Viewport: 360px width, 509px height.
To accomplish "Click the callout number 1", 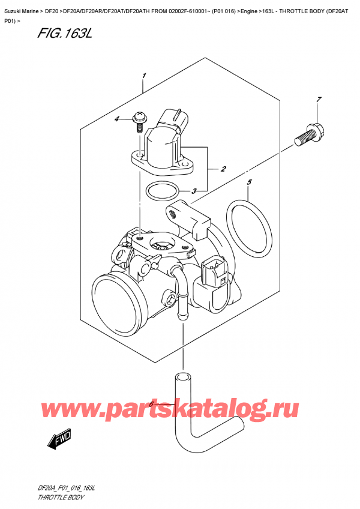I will pyautogui.click(x=145, y=76).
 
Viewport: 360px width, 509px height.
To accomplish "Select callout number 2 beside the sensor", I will pyautogui.click(x=223, y=169).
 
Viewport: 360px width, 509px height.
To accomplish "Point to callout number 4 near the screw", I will pyautogui.click(x=118, y=119).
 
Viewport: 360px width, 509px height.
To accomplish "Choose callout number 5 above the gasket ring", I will pyautogui.click(x=250, y=182).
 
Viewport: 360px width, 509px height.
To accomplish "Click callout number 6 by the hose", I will pyautogui.click(x=151, y=405).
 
